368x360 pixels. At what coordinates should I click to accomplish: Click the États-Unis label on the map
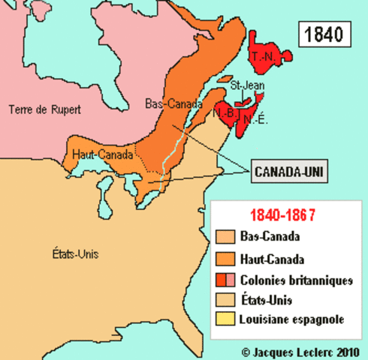(x=76, y=253)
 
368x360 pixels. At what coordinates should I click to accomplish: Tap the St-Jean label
(x=246, y=84)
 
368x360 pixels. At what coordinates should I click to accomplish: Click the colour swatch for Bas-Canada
(x=225, y=238)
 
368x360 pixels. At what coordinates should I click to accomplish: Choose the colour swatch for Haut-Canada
(x=225, y=259)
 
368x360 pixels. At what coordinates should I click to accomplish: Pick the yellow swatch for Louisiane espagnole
(x=225, y=320)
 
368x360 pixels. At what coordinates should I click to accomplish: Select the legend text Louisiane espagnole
(x=292, y=320)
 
